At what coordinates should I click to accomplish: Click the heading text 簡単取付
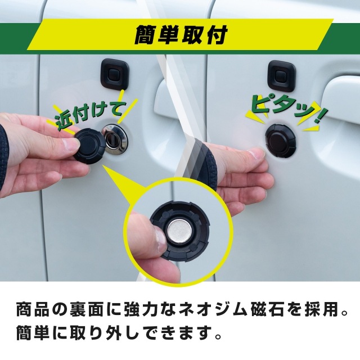[180, 35]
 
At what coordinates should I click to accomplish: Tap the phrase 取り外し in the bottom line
[101, 334]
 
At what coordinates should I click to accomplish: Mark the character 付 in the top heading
[217, 35]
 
